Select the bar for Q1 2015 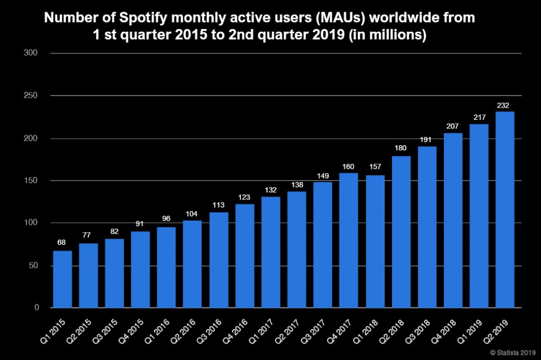[62, 279]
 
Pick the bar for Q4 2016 [245, 255]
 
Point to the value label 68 [62, 243]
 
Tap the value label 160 [349, 167]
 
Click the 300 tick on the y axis [32, 53]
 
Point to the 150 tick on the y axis [32, 181]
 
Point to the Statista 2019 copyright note [513, 353]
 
